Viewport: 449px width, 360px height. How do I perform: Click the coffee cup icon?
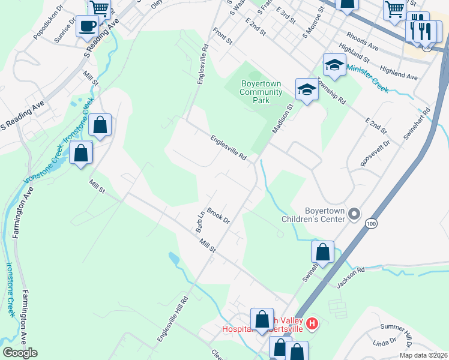pyautogui.click(x=88, y=26)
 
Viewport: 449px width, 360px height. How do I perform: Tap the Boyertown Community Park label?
pyautogui.click(x=261, y=92)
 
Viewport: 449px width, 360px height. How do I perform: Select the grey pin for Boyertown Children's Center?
pyautogui.click(x=354, y=214)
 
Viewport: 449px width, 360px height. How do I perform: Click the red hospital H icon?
pyautogui.click(x=312, y=324)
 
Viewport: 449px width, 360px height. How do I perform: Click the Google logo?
pyautogui.click(x=20, y=353)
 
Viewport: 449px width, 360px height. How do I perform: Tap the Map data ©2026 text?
pyautogui.click(x=423, y=355)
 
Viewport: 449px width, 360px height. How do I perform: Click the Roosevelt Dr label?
pyautogui.click(x=375, y=154)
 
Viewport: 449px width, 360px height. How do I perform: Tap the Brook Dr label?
pyautogui.click(x=218, y=215)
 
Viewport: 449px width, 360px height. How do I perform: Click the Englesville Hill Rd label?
pyautogui.click(x=173, y=319)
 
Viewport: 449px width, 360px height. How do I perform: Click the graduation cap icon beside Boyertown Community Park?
pyautogui.click(x=306, y=90)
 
